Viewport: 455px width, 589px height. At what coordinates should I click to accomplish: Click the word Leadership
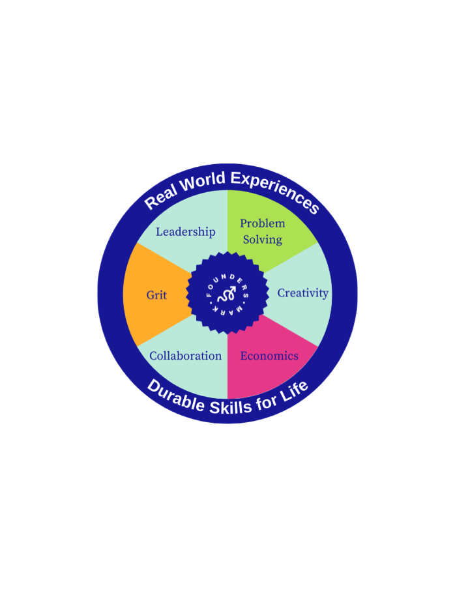pyautogui.click(x=185, y=231)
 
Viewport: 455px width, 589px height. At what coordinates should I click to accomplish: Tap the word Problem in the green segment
pyautogui.click(x=262, y=223)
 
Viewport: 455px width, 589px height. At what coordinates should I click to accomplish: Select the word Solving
pyautogui.click(x=262, y=239)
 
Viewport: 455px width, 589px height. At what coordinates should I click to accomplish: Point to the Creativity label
pyautogui.click(x=302, y=293)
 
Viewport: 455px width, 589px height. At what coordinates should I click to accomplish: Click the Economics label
pyautogui.click(x=269, y=356)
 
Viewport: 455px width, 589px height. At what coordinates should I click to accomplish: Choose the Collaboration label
pyautogui.click(x=185, y=356)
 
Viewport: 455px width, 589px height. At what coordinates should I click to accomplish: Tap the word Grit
pyautogui.click(x=156, y=295)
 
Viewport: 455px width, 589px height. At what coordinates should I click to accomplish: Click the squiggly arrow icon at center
pyautogui.click(x=227, y=294)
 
